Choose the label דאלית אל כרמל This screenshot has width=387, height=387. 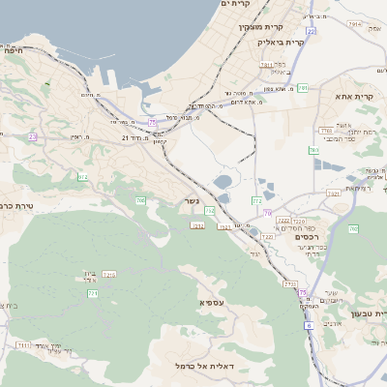point(238,365)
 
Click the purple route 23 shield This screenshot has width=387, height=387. point(32,137)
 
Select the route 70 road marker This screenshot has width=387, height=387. point(269,213)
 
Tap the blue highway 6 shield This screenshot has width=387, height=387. point(309,326)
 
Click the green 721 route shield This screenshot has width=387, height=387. point(93,293)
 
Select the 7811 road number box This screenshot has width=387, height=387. point(325,131)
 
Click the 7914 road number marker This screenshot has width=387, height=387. point(354,51)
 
